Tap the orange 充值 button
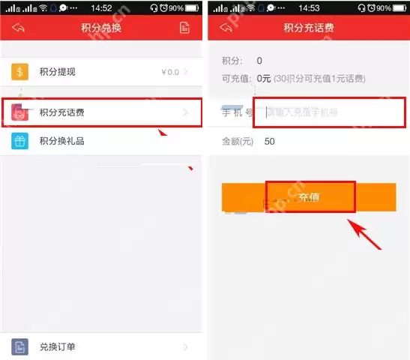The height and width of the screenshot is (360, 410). pyautogui.click(x=309, y=197)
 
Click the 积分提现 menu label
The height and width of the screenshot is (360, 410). pyautogui.click(x=58, y=72)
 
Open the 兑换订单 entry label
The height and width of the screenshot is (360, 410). pyautogui.click(x=58, y=346)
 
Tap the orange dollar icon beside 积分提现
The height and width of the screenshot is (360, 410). pyautogui.click(x=20, y=72)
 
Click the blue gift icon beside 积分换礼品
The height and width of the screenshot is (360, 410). pyautogui.click(x=20, y=140)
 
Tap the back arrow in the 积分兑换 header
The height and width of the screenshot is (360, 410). pyautogui.click(x=18, y=28)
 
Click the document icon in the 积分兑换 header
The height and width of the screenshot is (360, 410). pyautogui.click(x=184, y=28)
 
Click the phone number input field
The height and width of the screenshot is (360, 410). pyautogui.click(x=330, y=113)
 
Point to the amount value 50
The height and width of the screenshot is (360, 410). pyautogui.click(x=270, y=141)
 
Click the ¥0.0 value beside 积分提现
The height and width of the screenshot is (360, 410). pyautogui.click(x=170, y=72)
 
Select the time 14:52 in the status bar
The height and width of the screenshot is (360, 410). pyautogui.click(x=102, y=7)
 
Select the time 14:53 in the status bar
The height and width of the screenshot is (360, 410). pyautogui.click(x=307, y=7)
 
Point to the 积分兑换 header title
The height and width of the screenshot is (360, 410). pyautogui.click(x=101, y=28)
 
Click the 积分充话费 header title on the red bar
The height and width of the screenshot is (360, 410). pyautogui.click(x=309, y=28)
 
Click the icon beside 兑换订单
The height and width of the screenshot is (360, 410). pyautogui.click(x=20, y=346)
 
